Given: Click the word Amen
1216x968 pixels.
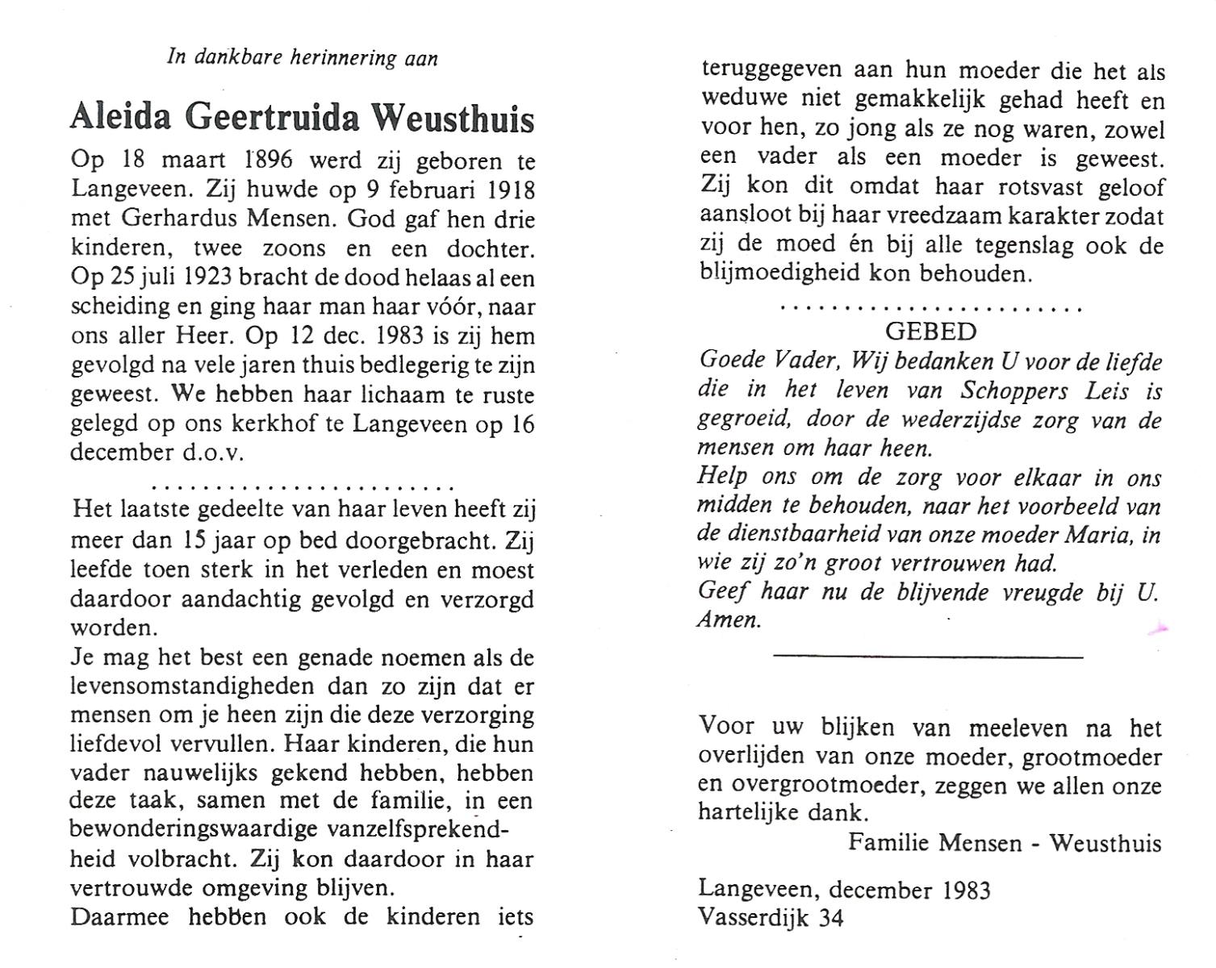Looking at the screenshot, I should (729, 621).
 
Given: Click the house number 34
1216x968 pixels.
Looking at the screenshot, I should (830, 918).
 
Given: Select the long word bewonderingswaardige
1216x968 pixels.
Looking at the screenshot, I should (194, 830).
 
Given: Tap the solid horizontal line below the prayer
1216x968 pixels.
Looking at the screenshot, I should (928, 657).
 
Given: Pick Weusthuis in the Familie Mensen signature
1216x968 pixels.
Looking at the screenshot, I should (1105, 844).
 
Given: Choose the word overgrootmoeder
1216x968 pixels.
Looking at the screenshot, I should (813, 786).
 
